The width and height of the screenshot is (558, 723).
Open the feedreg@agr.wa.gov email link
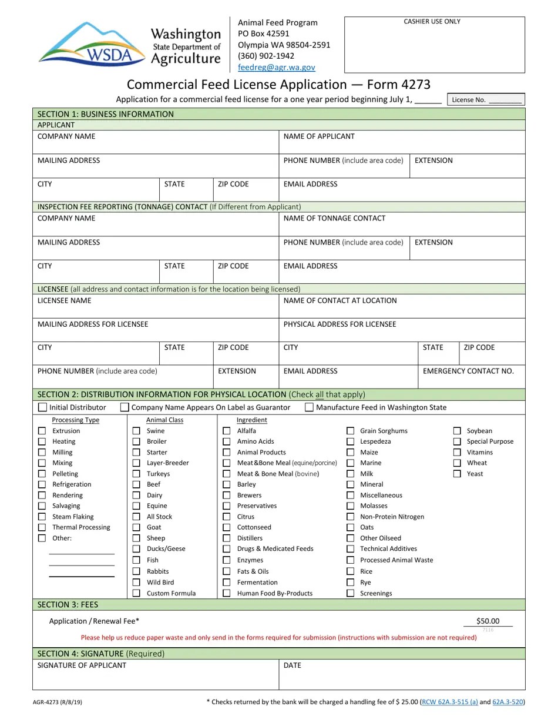(x=276, y=68)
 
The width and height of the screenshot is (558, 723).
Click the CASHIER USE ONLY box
(x=434, y=45)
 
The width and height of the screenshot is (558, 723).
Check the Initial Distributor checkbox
(x=42, y=407)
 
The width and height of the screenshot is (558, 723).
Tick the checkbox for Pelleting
(x=42, y=474)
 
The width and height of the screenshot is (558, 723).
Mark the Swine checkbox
(x=136, y=431)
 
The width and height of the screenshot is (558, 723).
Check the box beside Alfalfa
(x=226, y=431)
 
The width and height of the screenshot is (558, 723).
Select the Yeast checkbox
(x=457, y=474)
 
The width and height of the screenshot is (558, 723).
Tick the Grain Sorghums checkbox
(x=350, y=431)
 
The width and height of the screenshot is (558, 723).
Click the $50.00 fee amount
(x=488, y=621)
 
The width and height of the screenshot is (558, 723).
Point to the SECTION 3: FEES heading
(x=68, y=604)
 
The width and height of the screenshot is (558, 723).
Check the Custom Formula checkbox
(x=136, y=593)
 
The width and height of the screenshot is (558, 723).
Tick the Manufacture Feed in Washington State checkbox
(x=309, y=407)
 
